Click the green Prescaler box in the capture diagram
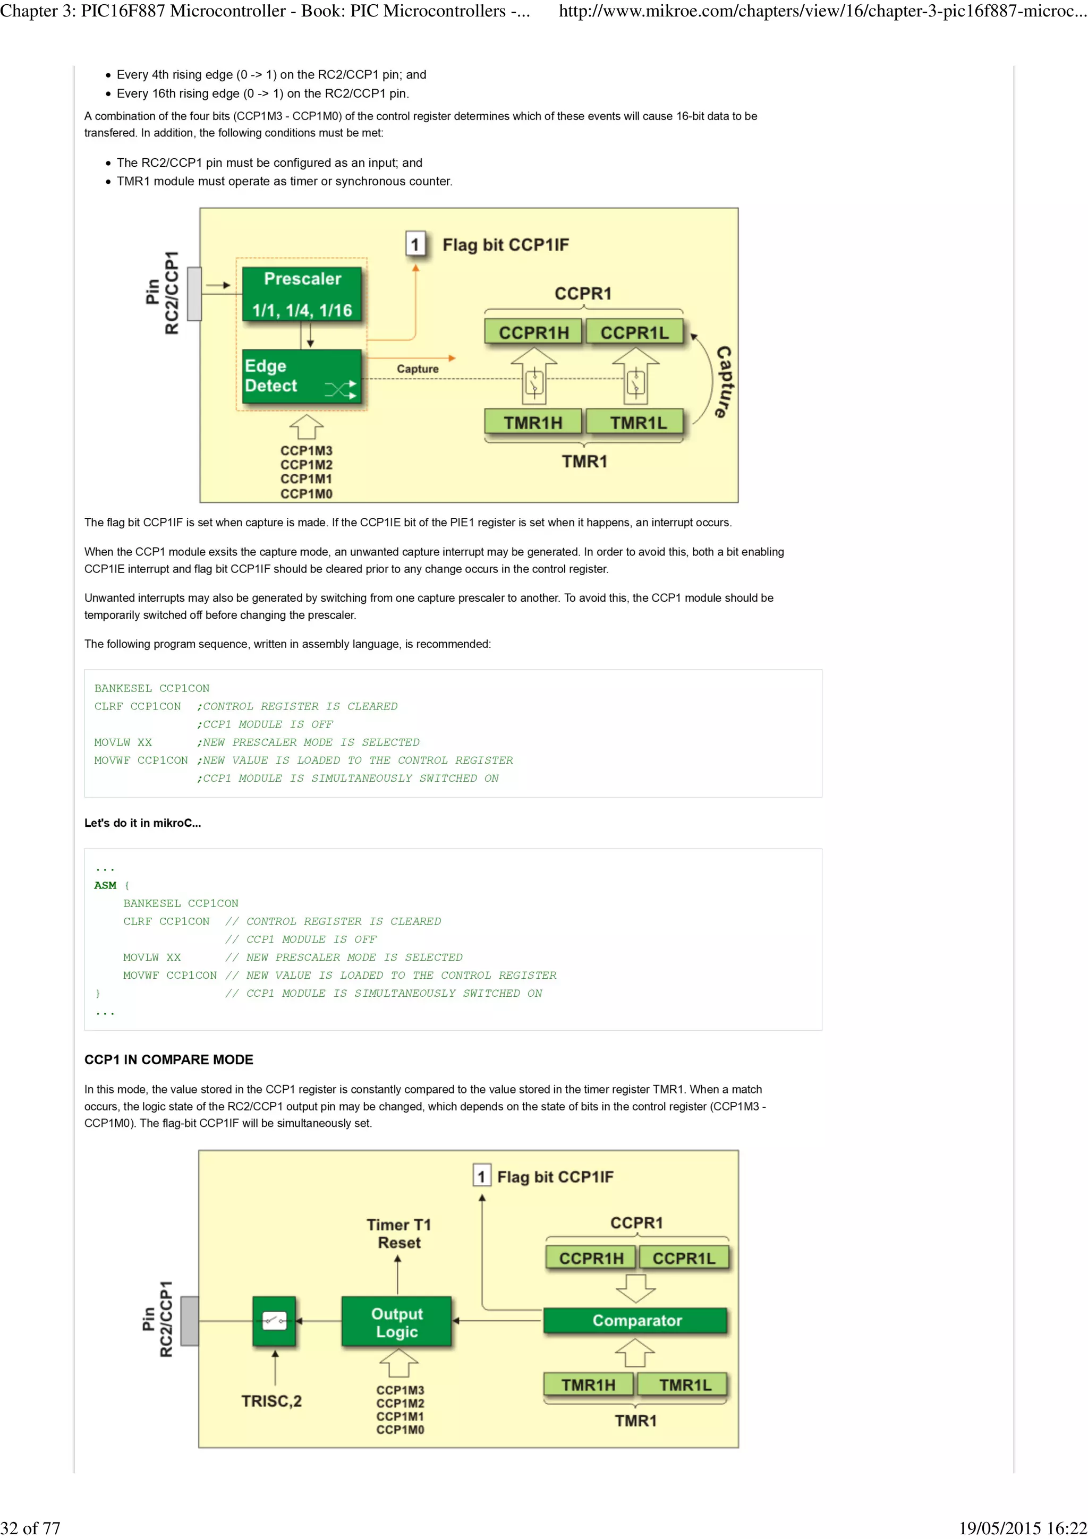[x=302, y=294]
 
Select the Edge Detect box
[x=301, y=376]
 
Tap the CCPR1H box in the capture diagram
[x=533, y=332]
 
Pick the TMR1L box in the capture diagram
[x=637, y=422]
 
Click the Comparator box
[x=635, y=1321]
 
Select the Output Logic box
[x=396, y=1322]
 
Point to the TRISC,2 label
[x=271, y=1401]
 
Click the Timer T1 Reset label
[x=398, y=1233]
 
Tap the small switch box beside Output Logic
[x=274, y=1321]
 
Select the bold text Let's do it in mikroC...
[x=142, y=823]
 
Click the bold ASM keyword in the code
[x=105, y=885]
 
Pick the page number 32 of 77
[x=31, y=1528]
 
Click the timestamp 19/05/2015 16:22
[x=1022, y=1528]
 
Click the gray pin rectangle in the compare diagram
[x=189, y=1321]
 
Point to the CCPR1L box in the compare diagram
[x=683, y=1258]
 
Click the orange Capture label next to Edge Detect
[x=417, y=369]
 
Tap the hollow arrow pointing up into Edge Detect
[x=307, y=426]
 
